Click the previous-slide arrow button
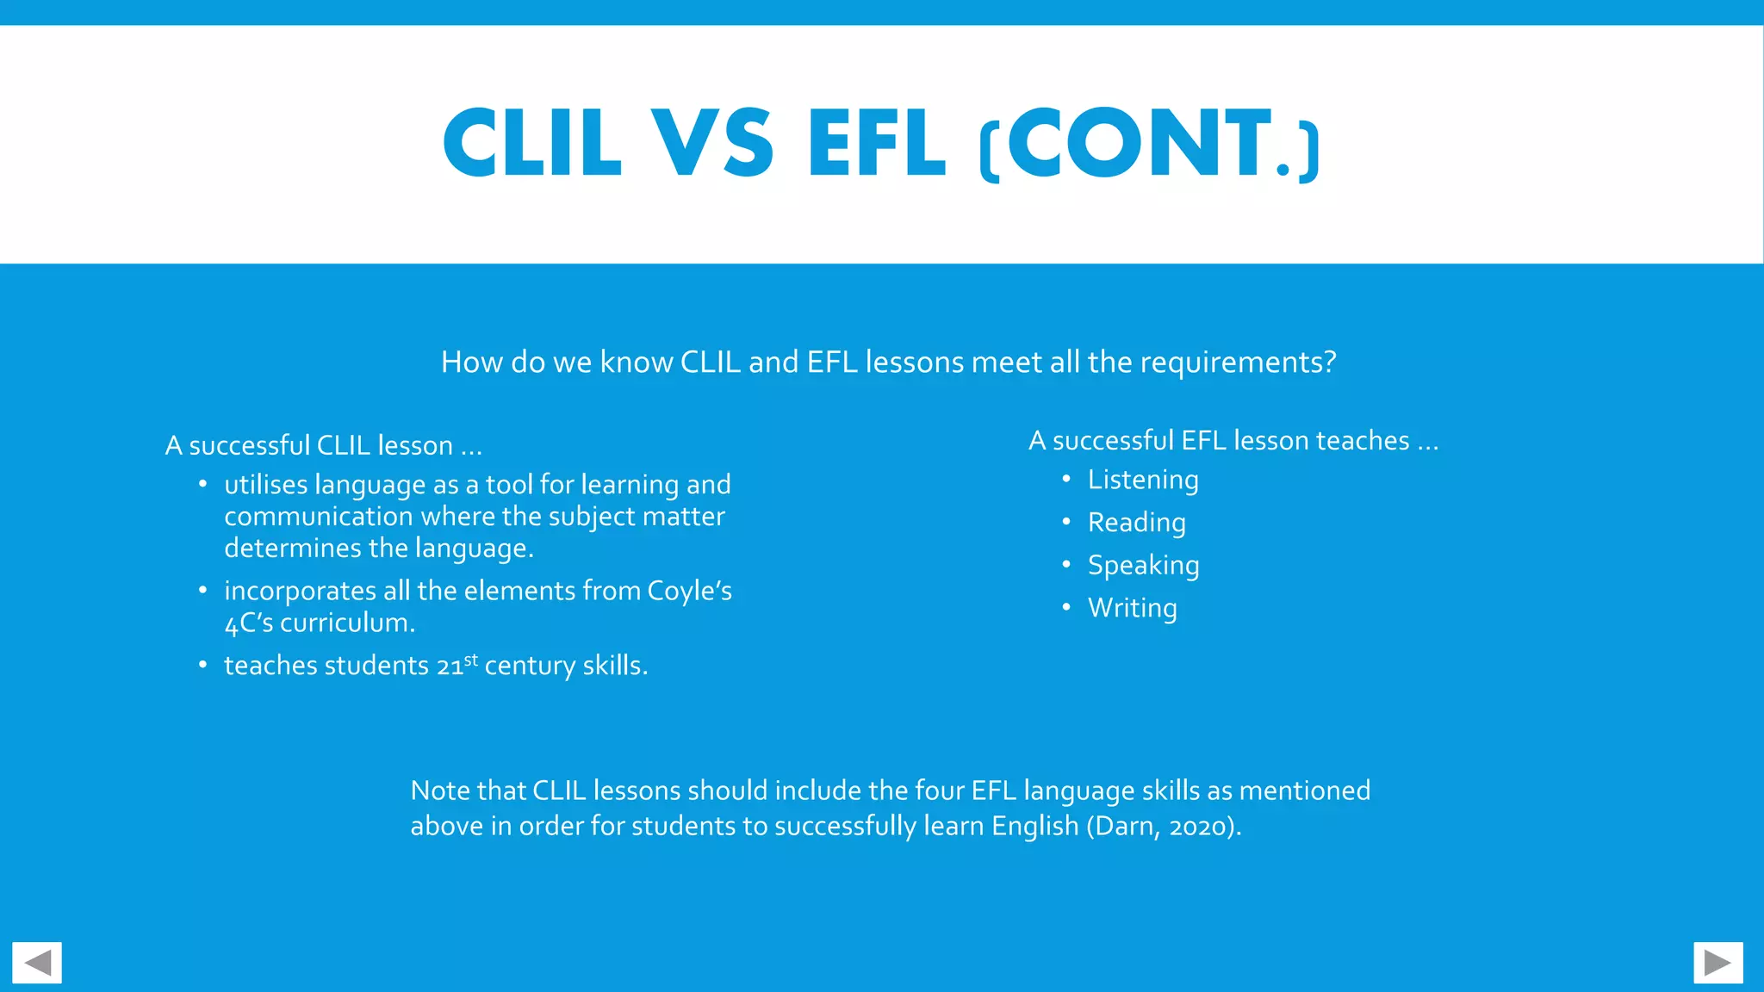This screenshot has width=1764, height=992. [x=37, y=963]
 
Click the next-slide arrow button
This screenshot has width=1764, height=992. [x=1717, y=963]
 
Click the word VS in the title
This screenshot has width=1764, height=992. [x=711, y=143]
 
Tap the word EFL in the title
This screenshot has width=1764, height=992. [x=876, y=143]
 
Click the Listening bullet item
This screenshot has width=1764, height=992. [x=1142, y=480]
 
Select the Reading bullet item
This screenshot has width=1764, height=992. [x=1136, y=523]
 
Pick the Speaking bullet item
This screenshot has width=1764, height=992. [x=1143, y=566]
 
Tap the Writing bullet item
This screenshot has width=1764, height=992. [x=1132, y=608]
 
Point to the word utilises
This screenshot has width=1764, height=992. [x=265, y=485]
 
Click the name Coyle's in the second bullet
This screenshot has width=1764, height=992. [x=689, y=592]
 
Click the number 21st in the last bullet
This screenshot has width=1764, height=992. [x=457, y=666]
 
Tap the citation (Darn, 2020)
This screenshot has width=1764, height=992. [x=1164, y=827]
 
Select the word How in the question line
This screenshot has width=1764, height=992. [x=471, y=363]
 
